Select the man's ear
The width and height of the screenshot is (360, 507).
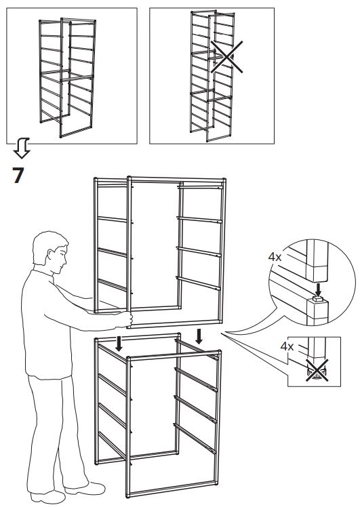click(49, 258)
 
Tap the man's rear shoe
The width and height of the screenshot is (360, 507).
click(47, 494)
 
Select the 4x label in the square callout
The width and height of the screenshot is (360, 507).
click(287, 346)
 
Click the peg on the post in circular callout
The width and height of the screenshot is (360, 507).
click(316, 299)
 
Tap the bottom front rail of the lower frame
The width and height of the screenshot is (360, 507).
click(174, 492)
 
